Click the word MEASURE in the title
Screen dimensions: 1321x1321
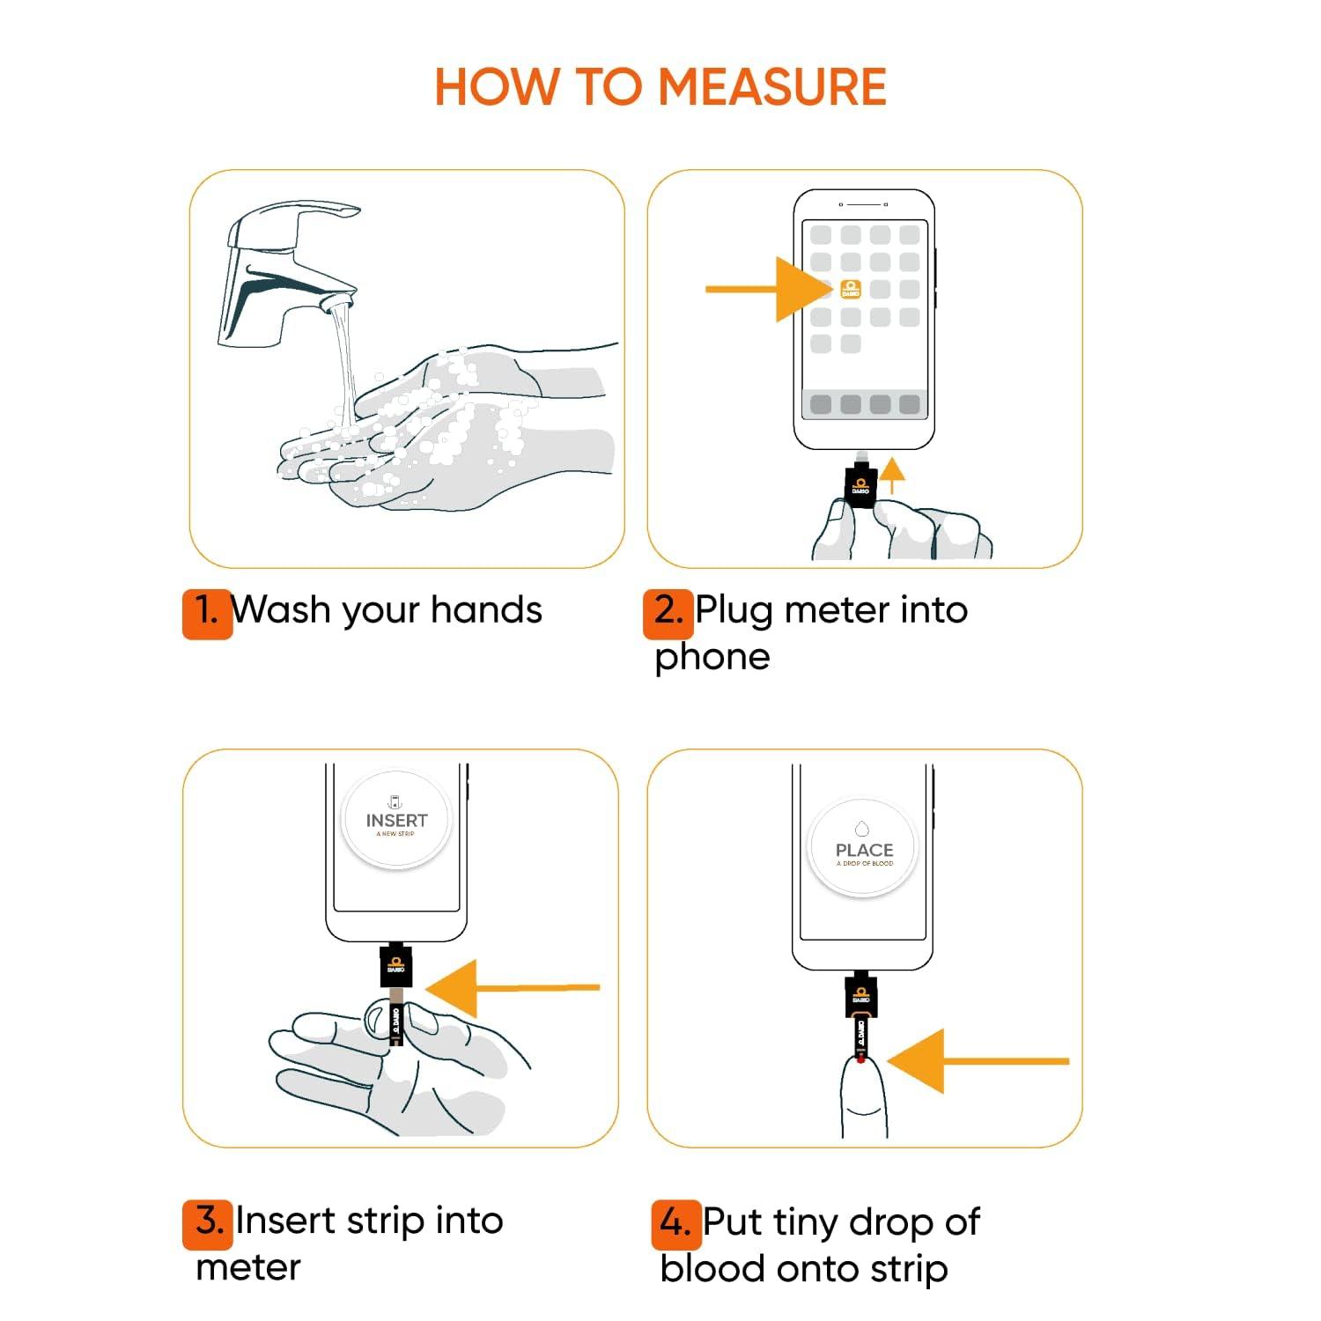(771, 87)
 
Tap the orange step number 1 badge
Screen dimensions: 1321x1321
(207, 612)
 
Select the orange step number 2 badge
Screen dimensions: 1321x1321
(668, 612)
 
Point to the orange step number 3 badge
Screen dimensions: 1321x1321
(208, 1223)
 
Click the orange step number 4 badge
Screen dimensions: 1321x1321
(675, 1224)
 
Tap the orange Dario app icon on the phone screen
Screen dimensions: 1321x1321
(851, 289)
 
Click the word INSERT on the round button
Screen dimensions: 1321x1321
(396, 820)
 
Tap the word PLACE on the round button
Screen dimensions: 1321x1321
(864, 850)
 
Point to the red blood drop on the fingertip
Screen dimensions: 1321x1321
(860, 1059)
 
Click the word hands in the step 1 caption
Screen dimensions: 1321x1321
(486, 610)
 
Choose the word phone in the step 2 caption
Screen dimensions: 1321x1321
(712, 657)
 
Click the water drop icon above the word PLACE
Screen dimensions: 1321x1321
(862, 829)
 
